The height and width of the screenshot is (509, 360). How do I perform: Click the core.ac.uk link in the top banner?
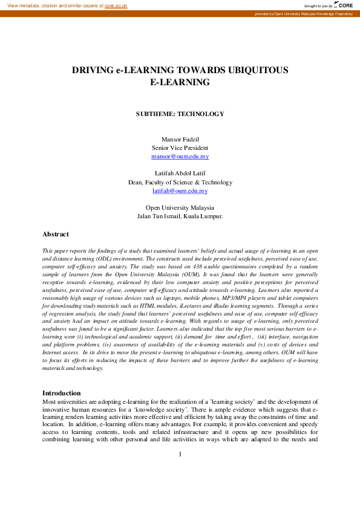pos(116,5)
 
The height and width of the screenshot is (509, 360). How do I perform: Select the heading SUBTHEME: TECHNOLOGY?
pos(180,114)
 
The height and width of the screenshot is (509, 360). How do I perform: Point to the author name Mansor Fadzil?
pos(180,140)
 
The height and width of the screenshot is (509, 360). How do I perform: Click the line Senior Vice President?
pos(180,148)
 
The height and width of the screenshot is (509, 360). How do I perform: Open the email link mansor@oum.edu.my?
pos(180,156)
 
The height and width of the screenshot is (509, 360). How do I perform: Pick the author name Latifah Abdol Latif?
pos(180,173)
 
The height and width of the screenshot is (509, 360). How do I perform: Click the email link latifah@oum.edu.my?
pos(180,190)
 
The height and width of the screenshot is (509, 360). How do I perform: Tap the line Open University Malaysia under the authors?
pos(180,207)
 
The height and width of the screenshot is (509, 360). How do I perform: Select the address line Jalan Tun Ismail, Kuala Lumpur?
pos(180,216)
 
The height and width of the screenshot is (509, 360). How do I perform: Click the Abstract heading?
pos(55,234)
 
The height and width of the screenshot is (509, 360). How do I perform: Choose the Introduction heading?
pos(61,393)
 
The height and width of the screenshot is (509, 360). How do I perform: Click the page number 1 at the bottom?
pos(180,471)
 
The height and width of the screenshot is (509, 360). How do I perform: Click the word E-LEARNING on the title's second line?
pos(180,82)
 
